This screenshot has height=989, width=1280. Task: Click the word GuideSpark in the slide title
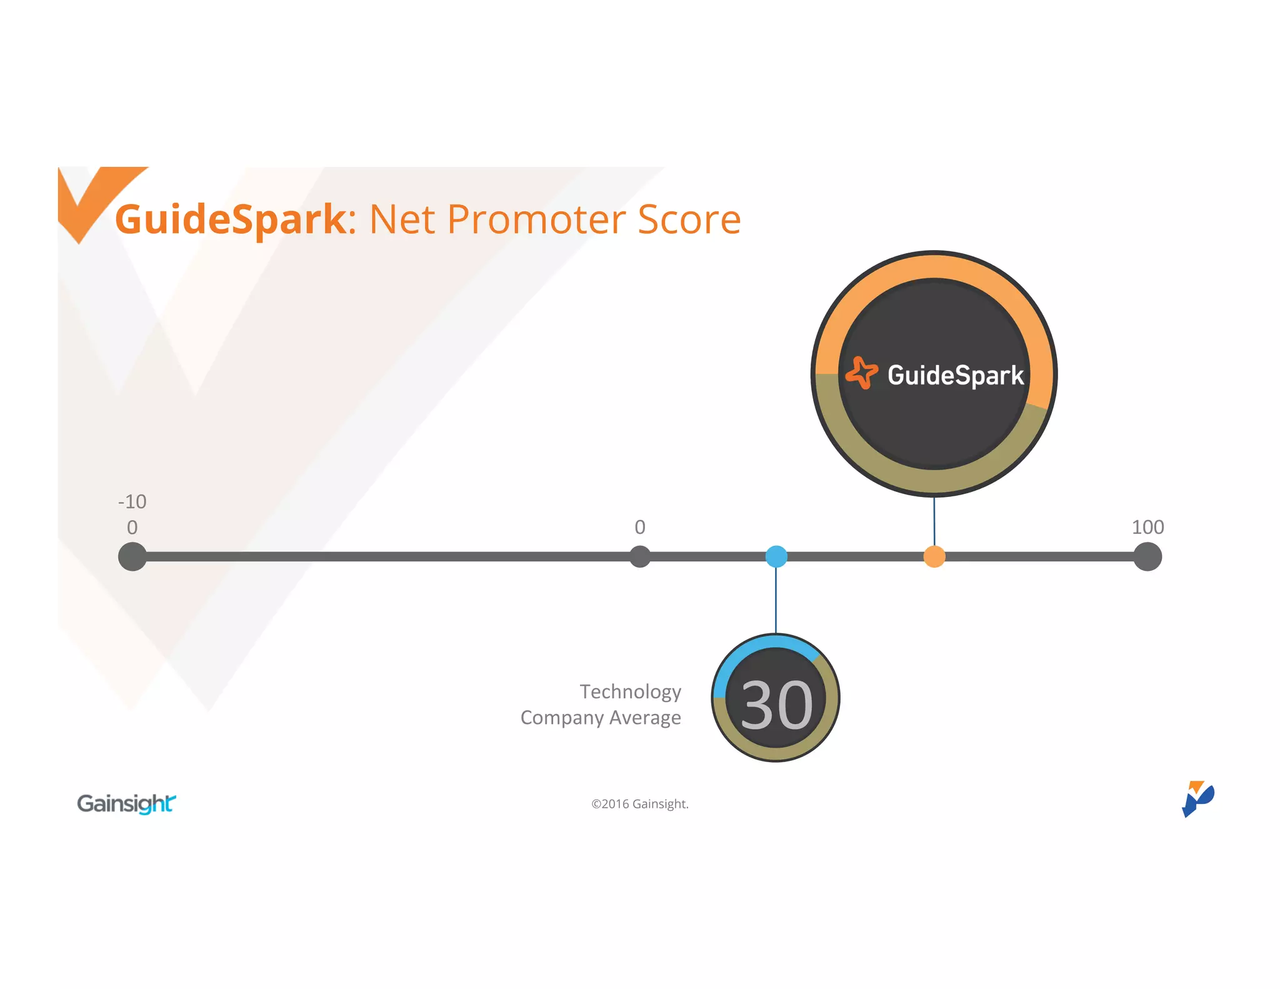tap(230, 219)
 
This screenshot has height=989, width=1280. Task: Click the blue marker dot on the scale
tap(776, 556)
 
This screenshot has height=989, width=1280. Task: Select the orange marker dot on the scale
tap(934, 556)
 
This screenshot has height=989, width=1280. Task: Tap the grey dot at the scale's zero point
tap(640, 556)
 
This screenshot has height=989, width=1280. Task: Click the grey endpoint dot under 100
tap(1147, 556)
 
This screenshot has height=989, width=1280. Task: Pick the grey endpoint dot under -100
tap(132, 556)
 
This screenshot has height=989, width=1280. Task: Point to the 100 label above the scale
tap(1147, 527)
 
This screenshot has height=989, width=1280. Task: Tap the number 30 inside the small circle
tap(776, 705)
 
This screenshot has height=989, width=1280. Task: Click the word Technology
tap(630, 691)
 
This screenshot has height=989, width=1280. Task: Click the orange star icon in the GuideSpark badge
tap(861, 373)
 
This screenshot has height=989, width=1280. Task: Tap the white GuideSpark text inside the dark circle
tap(956, 375)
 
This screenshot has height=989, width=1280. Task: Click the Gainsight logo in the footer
tap(126, 803)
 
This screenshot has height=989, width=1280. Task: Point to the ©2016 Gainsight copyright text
tap(639, 804)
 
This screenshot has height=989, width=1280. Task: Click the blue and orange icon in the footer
tap(1197, 798)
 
